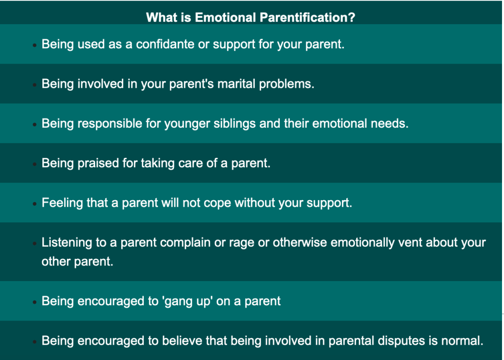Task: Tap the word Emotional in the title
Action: click(226, 17)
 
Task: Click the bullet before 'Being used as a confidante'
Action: click(34, 45)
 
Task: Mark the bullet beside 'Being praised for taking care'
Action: click(34, 164)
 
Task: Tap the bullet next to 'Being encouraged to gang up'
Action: click(34, 302)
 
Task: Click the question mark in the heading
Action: click(352, 17)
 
